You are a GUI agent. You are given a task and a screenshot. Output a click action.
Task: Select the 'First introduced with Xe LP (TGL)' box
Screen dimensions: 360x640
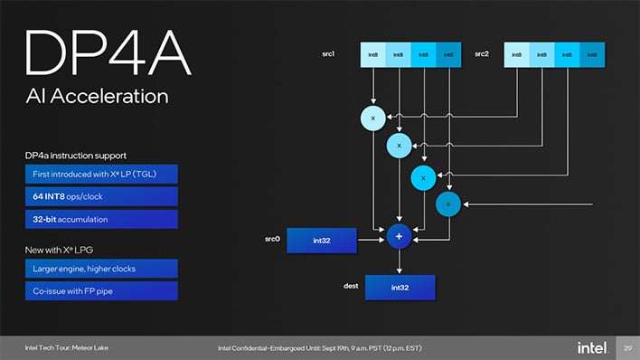[100, 174]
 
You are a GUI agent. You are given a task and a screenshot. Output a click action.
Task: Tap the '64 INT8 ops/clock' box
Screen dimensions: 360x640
[100, 196]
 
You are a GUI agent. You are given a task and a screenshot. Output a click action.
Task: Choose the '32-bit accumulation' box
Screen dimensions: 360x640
[100, 219]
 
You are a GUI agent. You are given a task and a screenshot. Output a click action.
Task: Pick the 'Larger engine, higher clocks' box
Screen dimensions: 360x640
[100, 268]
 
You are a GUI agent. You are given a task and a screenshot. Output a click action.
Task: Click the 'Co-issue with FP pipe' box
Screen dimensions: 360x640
[100, 290]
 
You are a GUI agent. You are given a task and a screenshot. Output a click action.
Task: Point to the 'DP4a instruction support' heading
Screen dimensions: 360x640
[75, 156]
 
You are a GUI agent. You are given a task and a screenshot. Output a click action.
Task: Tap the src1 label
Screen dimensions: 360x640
[329, 54]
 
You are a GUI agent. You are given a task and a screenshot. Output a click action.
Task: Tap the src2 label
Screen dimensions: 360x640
[482, 54]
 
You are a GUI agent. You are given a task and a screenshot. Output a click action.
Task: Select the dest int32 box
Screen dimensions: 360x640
[400, 288]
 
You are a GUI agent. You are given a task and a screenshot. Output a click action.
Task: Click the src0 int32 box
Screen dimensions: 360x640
[321, 240]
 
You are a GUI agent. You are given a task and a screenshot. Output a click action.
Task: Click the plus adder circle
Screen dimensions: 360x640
[399, 236]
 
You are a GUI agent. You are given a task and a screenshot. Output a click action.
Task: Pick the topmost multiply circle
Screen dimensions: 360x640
[372, 117]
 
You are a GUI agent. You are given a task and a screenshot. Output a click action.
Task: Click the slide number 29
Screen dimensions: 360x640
[626, 348]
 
